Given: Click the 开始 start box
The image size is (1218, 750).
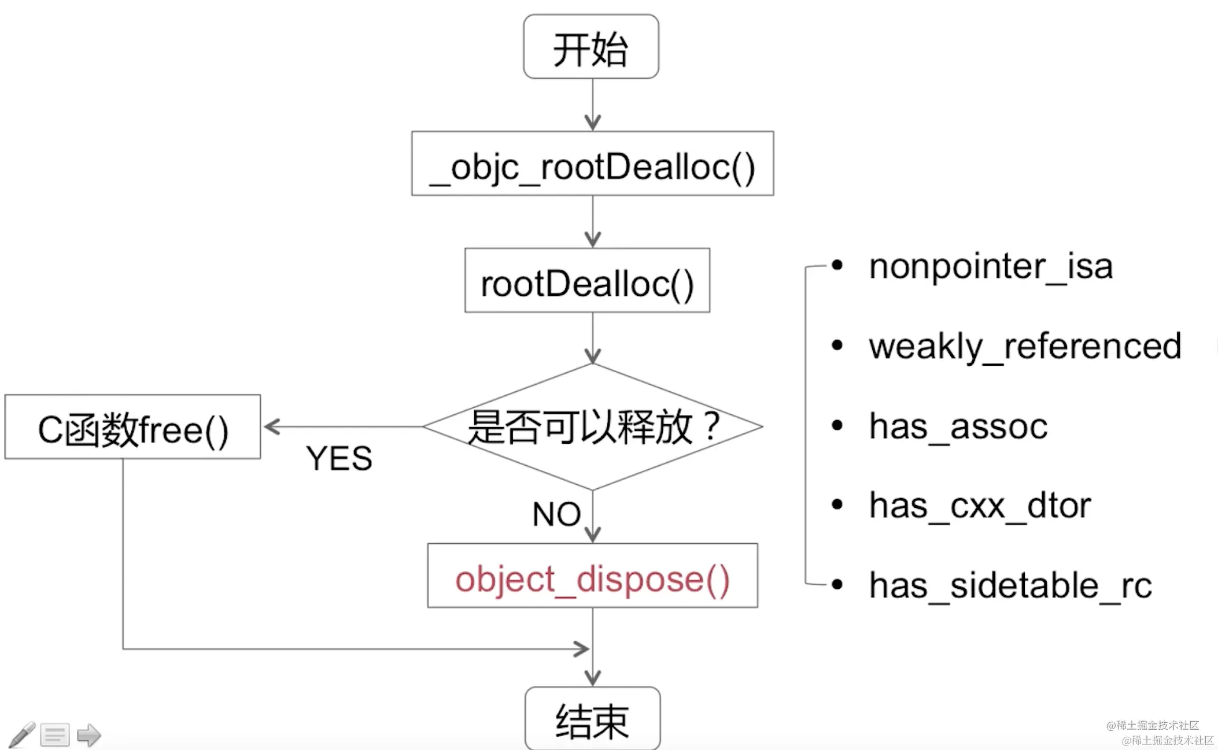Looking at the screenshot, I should tap(590, 47).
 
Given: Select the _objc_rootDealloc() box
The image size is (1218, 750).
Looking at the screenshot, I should tap(592, 164).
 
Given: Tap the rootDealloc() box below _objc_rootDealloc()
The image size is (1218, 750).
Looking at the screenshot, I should tap(587, 281).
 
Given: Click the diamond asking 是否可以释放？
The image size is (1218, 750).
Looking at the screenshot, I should tap(593, 426).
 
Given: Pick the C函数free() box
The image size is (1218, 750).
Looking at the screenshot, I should tap(132, 427).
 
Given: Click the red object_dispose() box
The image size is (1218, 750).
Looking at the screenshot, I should tap(592, 576).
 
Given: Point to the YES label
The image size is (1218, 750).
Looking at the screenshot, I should tap(339, 459).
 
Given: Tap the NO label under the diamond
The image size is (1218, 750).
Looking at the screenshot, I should tap(556, 514).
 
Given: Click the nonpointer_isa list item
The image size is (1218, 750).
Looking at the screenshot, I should tap(990, 266).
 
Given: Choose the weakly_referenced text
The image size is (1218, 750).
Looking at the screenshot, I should tap(1024, 346).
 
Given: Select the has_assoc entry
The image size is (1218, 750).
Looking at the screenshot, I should tap(958, 426).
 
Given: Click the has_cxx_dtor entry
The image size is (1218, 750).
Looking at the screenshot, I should tap(980, 506).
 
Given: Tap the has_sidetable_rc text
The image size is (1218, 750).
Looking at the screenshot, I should tap(1010, 585).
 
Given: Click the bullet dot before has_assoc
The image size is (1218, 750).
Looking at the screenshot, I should tap(837, 426).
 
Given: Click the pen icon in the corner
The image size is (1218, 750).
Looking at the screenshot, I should tap(22, 734).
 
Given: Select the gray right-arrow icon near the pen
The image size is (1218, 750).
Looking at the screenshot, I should tap(88, 735).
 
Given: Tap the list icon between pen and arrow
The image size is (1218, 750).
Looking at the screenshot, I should tap(55, 735).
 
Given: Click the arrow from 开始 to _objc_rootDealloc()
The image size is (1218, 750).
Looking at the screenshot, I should tap(592, 104).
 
